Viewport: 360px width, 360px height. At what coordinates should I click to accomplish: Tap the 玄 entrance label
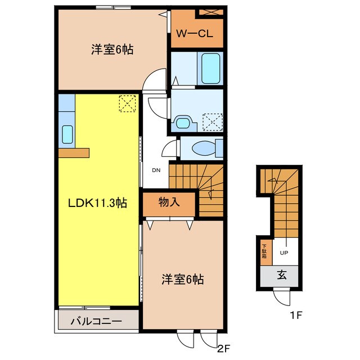(280, 275)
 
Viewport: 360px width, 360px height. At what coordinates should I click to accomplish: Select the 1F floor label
(296, 316)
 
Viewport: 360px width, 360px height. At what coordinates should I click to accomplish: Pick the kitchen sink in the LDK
(67, 134)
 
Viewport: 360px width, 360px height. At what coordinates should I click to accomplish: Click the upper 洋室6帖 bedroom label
(112, 50)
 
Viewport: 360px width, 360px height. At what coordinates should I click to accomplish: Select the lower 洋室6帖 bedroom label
(183, 278)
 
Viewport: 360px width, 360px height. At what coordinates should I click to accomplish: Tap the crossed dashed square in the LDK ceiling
(128, 103)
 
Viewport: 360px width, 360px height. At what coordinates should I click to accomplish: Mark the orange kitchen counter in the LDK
(73, 152)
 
